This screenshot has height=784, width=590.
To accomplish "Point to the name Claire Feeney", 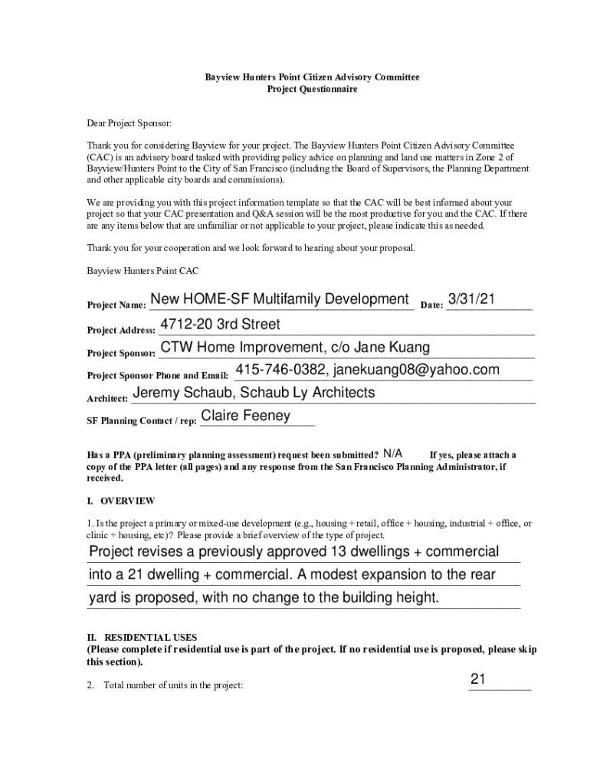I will click(x=245, y=416).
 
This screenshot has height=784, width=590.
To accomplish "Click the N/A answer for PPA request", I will click(x=393, y=453).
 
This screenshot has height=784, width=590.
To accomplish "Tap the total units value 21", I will click(x=478, y=679).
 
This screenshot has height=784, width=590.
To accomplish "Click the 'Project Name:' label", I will click(x=116, y=305).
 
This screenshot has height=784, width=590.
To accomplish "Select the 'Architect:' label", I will click(x=107, y=399).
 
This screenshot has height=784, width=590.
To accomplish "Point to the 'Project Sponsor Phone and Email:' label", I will click(x=157, y=375).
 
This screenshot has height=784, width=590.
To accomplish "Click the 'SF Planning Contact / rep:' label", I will click(x=142, y=421).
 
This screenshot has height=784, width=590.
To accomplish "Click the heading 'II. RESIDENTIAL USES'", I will click(x=143, y=637).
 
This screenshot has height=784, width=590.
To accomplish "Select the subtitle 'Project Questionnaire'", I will click(x=312, y=90).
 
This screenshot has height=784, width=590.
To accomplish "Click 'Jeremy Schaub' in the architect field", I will click(x=178, y=393).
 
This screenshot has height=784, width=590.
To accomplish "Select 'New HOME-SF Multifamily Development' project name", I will click(x=280, y=299).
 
